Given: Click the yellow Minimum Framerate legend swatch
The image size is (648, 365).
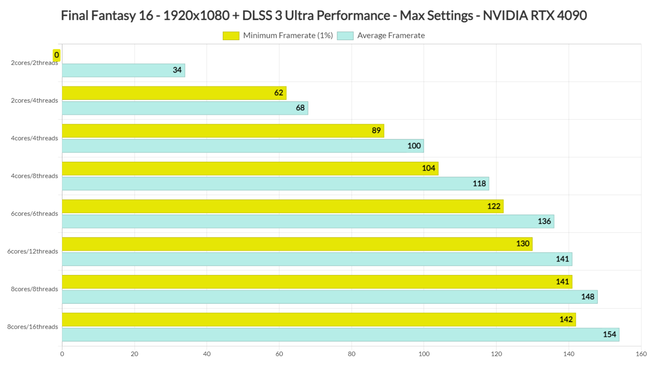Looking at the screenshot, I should pos(231,36).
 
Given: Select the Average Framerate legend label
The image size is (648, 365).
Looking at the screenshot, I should pos(391,35).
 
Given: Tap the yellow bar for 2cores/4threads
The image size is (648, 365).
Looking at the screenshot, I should pos(174,93).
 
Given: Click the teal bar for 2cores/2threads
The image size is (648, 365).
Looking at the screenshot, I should pos(123,70).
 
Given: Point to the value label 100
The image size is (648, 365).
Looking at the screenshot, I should pos(414,146).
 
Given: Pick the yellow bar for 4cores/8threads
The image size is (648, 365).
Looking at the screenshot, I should pos(250,169).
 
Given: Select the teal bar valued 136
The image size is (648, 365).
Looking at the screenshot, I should pos(308,221).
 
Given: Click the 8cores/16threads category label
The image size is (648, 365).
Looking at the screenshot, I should pos(32,327).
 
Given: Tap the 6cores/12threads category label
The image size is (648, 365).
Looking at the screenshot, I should pos(32,251).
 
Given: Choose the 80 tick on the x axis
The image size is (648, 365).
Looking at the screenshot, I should pos(351,354).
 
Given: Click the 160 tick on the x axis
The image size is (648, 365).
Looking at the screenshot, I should pos(641,354).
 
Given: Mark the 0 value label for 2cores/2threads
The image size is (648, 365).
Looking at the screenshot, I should pos(57,55).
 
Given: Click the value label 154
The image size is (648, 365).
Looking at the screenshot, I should pos(609,335).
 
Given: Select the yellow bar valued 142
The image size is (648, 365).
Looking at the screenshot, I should pos(319,319).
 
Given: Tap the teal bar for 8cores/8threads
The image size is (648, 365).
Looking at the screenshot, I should pos(329,297).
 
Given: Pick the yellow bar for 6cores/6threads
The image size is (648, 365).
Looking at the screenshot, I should pos(283,206).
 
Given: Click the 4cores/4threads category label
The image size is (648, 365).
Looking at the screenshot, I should pos(34,138).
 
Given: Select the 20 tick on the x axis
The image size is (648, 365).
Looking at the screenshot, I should pos(135,354).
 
